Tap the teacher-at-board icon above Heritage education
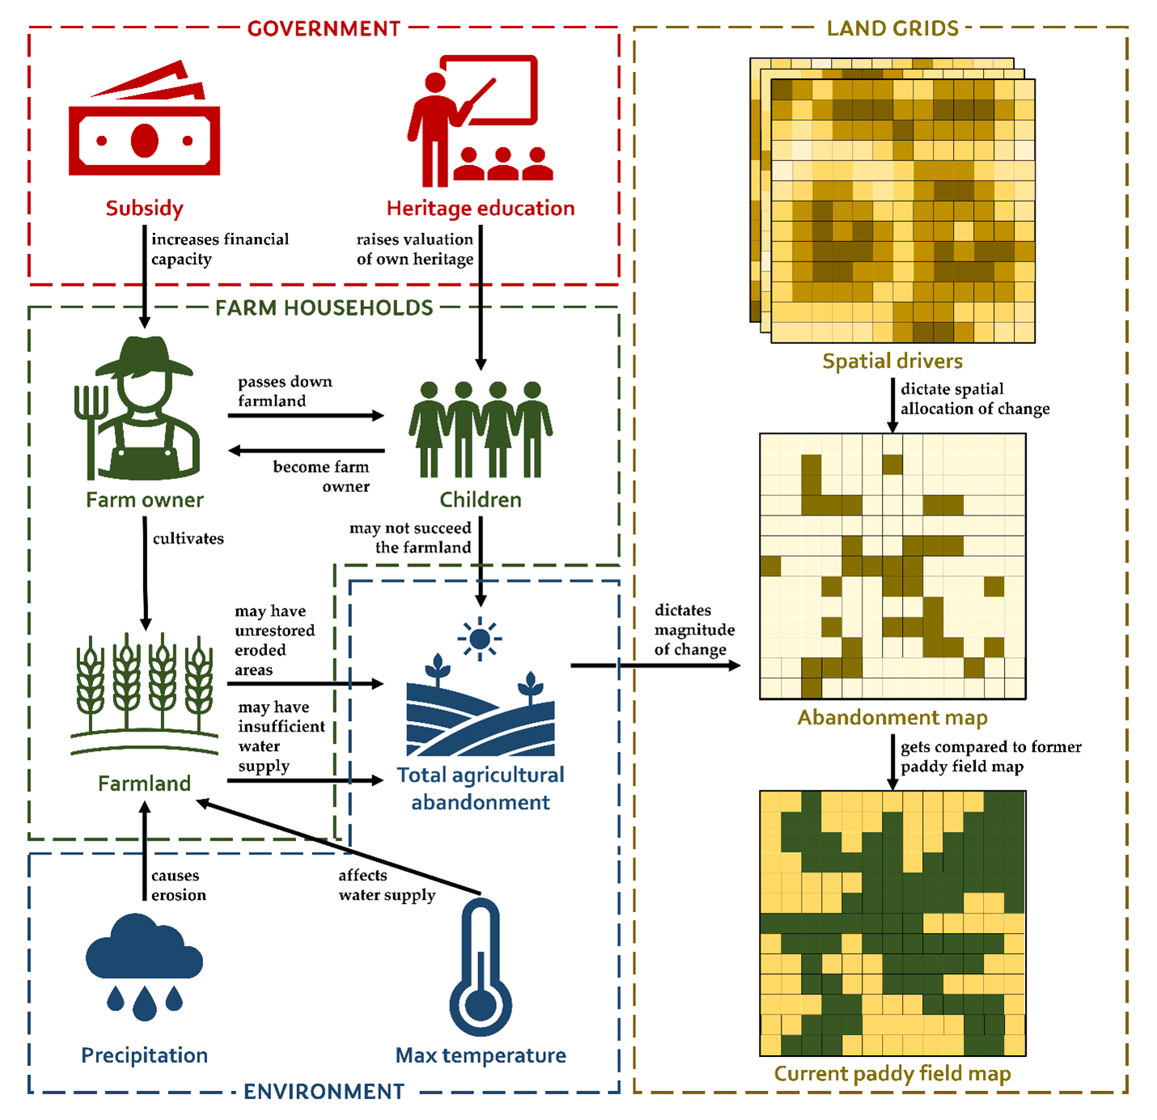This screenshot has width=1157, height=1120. click(477, 121)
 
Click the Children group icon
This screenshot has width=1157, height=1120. click(481, 429)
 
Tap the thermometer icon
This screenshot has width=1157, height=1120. click(481, 967)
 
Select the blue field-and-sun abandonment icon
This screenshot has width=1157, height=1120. click(481, 688)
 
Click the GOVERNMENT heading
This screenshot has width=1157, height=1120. click(324, 29)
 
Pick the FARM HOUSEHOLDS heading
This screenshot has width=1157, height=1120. click(324, 308)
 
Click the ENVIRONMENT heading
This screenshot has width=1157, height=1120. click(324, 1092)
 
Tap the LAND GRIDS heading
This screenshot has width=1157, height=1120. click(892, 29)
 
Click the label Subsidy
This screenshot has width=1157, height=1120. click(144, 208)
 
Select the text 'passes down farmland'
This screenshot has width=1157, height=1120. click(284, 391)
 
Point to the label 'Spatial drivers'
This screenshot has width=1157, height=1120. click(892, 361)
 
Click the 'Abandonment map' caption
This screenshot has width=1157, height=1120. click(892, 718)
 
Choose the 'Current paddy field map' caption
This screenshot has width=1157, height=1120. click(892, 1074)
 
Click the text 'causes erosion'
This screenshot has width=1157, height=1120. click(178, 885)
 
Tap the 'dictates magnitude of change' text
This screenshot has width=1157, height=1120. click(694, 630)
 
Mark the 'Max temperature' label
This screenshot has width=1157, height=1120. click(481, 1055)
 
